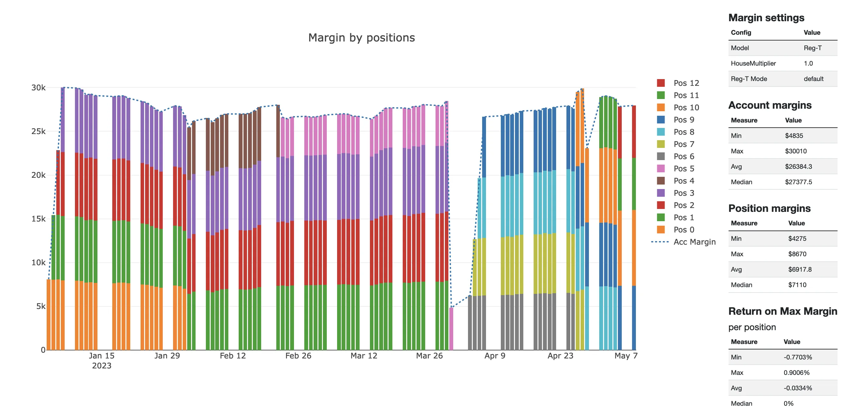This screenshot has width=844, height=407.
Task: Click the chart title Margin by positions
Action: click(x=361, y=38)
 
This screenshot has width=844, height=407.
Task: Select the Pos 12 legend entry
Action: click(x=686, y=83)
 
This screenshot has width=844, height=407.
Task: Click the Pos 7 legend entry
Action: click(x=683, y=144)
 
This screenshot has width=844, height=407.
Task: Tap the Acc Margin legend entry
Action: click(x=694, y=242)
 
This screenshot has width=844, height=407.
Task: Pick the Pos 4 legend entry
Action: click(x=683, y=181)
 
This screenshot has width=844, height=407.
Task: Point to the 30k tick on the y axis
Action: click(x=38, y=88)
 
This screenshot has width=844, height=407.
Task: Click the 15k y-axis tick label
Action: click(x=38, y=219)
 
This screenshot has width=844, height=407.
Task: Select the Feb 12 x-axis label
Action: click(x=233, y=356)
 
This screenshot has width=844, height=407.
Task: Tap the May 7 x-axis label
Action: click(x=626, y=356)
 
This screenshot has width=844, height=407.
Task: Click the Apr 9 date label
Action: click(x=495, y=356)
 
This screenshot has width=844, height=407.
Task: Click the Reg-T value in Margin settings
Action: click(x=812, y=48)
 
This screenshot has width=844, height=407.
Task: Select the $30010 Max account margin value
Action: click(x=795, y=151)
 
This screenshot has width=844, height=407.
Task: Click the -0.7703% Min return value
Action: click(x=797, y=357)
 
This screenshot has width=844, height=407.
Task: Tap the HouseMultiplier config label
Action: click(x=753, y=64)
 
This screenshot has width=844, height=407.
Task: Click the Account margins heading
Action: click(x=770, y=105)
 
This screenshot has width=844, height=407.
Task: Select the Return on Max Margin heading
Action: click(x=782, y=311)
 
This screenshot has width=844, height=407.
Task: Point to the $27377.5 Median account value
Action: click(x=798, y=182)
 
